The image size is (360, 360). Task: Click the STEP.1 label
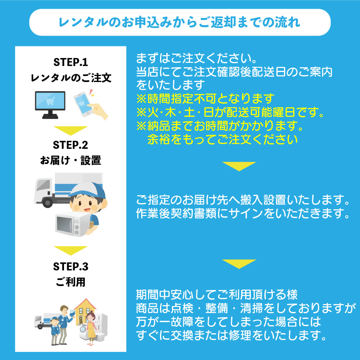pos(70,62)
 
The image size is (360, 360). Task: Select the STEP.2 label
pos(70,145)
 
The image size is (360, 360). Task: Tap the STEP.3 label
pos(70,266)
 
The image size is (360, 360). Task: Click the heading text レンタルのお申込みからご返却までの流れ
pos(180,22)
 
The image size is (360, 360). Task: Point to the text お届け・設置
pos(70,160)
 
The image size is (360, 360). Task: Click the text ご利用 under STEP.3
pos(70,282)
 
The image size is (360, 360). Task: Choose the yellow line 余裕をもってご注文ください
pos(223,139)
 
